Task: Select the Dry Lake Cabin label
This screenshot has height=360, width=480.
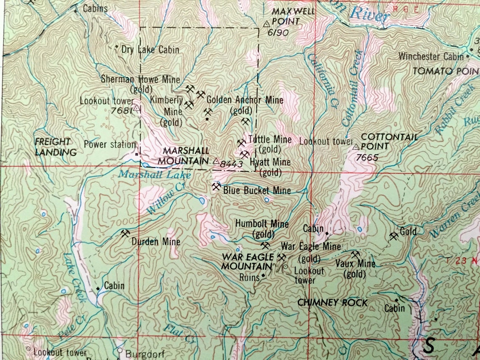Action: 150,50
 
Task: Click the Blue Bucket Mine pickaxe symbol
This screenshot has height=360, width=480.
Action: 216,187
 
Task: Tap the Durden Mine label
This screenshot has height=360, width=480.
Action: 155,242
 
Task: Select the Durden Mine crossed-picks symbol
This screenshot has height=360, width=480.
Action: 125,233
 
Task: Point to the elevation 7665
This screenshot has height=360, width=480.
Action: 367,158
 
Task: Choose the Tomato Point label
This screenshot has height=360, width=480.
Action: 445,71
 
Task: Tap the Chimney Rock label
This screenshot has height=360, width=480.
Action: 332,302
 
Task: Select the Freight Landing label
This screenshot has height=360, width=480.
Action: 56,147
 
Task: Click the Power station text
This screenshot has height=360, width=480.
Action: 109,144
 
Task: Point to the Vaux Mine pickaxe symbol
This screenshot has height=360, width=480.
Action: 355,254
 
